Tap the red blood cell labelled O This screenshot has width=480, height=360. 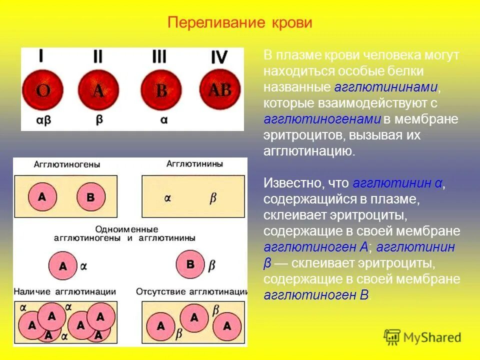tap(42, 90)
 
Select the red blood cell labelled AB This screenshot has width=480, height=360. tap(220, 90)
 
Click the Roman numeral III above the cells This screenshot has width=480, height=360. tap(159, 56)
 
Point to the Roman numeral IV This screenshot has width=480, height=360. tap(218, 57)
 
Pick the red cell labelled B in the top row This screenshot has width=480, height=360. tap(161, 90)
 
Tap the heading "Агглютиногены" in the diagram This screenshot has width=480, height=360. tap(67, 164)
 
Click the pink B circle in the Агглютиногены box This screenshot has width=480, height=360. tap(90, 196)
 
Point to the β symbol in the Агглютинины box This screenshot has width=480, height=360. tap(212, 198)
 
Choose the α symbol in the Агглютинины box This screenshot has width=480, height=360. tap(167, 198)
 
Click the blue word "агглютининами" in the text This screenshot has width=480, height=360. tap(386, 87)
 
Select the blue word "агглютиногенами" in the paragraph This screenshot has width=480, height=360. tap(322, 119)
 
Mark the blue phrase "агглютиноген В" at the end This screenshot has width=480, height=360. tap(316, 295)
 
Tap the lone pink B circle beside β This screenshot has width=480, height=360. tap(190, 263)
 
